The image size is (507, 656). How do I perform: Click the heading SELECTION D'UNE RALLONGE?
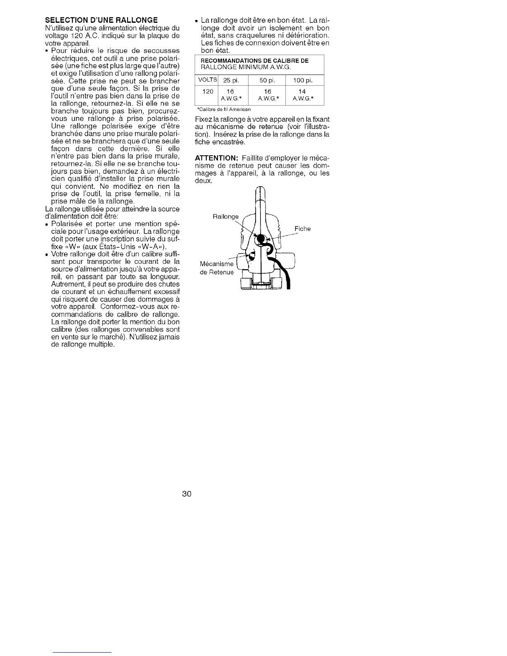tap(101, 20)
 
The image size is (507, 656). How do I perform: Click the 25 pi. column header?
tap(230, 80)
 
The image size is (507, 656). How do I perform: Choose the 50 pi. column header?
tap(267, 80)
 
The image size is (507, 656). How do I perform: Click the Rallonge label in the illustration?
tap(225, 217)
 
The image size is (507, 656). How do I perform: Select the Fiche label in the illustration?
tap(302, 229)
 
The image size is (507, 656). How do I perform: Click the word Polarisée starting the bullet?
tap(68, 224)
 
